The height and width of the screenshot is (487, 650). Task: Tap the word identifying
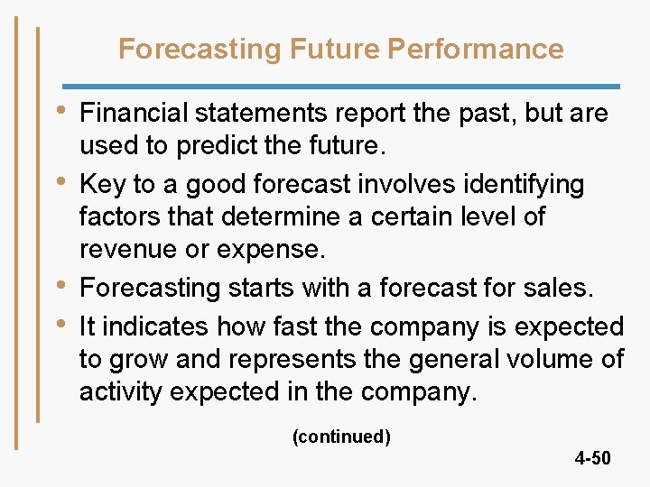click(x=526, y=184)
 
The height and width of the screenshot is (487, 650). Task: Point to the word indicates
click(x=148, y=326)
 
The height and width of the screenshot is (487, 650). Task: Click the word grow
click(x=138, y=360)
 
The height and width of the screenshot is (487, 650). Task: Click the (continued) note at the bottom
click(x=341, y=437)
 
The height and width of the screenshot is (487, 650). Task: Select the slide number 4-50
click(x=592, y=459)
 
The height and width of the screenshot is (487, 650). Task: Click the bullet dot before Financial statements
click(x=60, y=111)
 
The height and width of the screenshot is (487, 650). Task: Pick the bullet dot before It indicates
click(x=60, y=323)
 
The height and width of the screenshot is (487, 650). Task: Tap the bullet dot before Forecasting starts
click(x=60, y=285)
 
